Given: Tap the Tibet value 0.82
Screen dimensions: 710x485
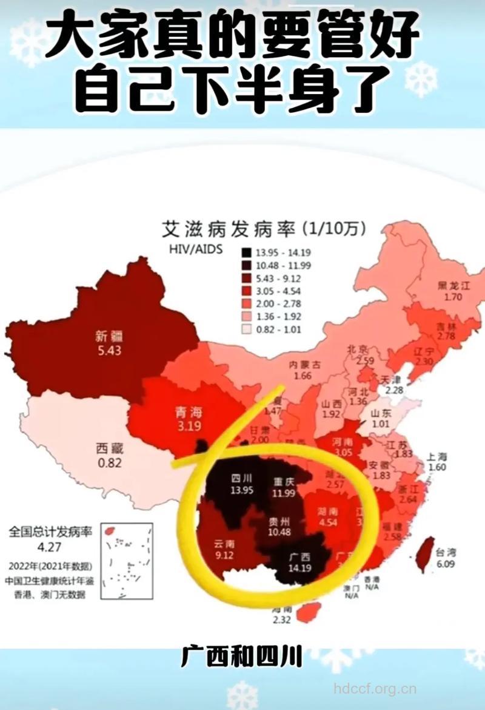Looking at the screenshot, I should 109,463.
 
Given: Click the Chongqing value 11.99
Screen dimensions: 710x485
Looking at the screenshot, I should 283,493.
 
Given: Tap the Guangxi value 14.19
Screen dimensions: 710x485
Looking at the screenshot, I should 297,569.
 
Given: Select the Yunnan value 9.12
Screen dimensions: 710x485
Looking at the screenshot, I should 224,555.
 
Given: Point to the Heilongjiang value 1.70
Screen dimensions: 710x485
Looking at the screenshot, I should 453,297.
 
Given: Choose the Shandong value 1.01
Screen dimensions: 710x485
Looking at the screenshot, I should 380,424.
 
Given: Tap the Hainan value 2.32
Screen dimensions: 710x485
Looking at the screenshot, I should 283,620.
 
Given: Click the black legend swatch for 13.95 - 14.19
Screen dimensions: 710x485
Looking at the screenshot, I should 247,252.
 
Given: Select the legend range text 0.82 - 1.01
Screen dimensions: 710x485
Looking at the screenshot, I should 278,330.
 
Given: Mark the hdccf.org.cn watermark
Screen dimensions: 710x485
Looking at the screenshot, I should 375,689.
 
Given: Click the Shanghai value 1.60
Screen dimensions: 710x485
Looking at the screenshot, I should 436,467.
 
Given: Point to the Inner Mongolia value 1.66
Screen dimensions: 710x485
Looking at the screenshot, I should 302,376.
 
